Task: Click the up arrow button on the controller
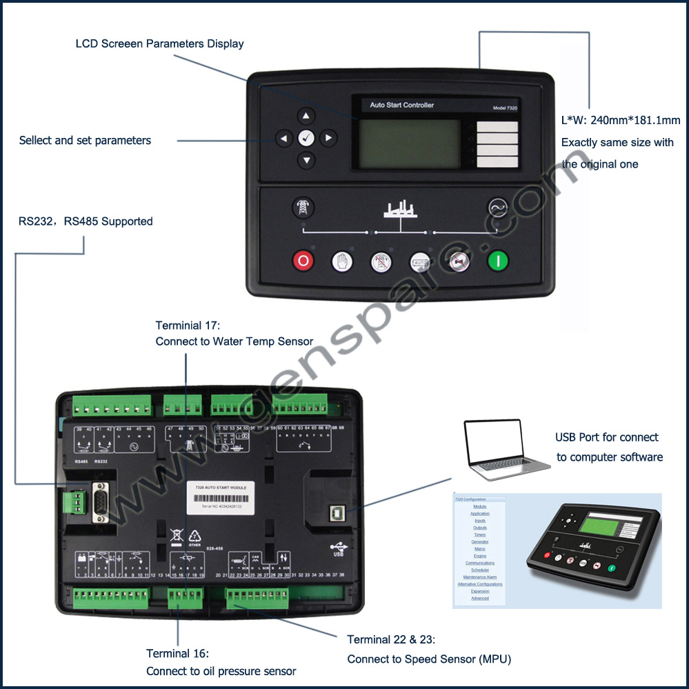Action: click(306, 116)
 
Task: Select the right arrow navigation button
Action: click(328, 139)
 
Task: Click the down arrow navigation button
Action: click(306, 161)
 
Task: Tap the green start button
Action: click(497, 261)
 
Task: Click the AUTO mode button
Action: click(420, 261)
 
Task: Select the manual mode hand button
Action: click(342, 261)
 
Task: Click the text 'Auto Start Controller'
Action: click(402, 106)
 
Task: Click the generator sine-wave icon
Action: click(497, 207)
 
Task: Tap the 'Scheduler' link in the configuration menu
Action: click(480, 570)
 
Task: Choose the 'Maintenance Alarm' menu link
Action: click(480, 577)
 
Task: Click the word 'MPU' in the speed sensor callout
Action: click(495, 659)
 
